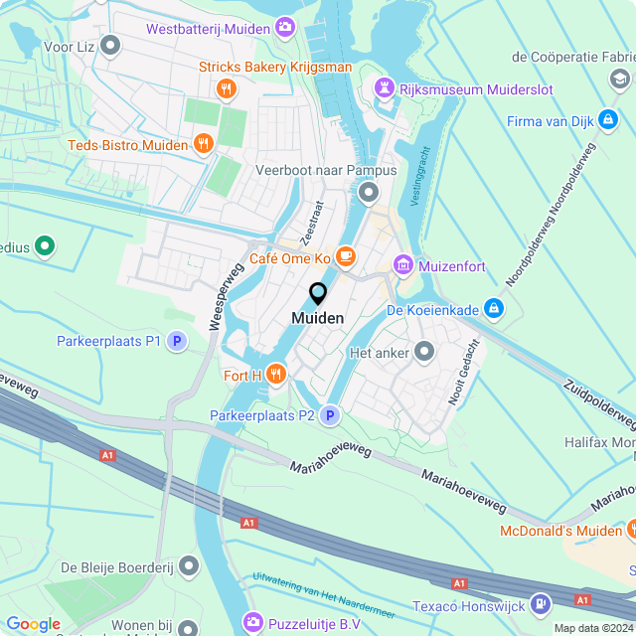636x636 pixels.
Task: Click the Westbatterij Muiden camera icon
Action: (285, 27)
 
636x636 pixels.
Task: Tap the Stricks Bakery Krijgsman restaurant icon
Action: (228, 89)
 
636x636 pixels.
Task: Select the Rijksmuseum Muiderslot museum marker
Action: (384, 89)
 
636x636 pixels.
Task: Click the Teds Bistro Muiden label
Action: (127, 145)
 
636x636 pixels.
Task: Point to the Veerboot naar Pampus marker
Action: (370, 191)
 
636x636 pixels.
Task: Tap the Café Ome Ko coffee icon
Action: (346, 257)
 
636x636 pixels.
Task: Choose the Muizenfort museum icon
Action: (403, 264)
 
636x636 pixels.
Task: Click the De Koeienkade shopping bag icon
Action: (494, 310)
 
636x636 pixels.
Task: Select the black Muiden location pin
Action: (318, 294)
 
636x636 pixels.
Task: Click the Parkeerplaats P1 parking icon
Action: (177, 341)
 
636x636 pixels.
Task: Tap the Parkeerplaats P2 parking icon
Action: (330, 415)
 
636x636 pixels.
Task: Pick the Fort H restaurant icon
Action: (275, 375)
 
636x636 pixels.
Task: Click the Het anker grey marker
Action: (425, 352)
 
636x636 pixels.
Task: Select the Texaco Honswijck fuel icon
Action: (540, 602)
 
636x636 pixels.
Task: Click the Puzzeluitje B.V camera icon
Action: (252, 622)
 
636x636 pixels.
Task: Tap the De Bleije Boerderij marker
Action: (189, 566)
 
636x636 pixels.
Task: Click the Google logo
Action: (33, 623)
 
